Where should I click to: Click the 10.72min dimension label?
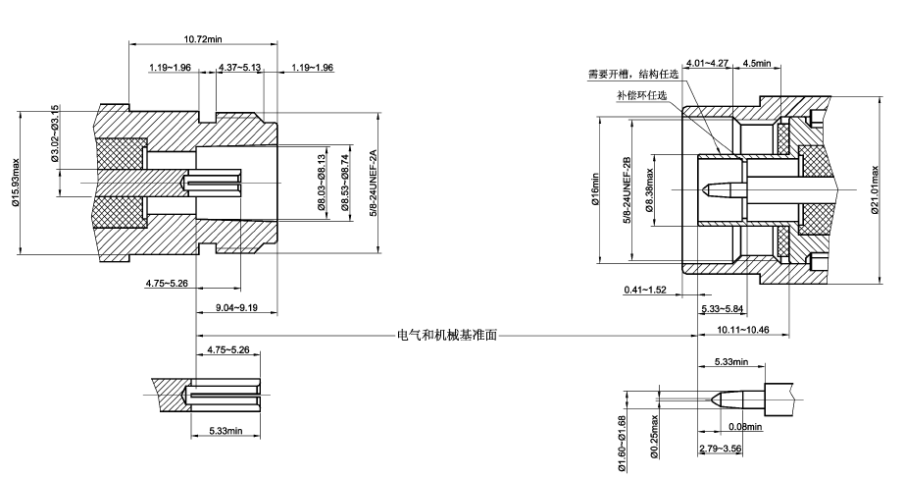(x=204, y=38)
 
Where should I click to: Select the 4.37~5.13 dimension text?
(x=239, y=68)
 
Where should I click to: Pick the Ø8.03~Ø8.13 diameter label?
(x=321, y=184)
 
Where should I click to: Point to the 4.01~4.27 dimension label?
(x=707, y=63)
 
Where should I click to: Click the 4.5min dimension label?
(x=756, y=63)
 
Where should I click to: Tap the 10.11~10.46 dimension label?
(x=742, y=330)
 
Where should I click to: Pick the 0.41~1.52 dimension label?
(x=645, y=291)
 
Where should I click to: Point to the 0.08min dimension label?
(x=747, y=426)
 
